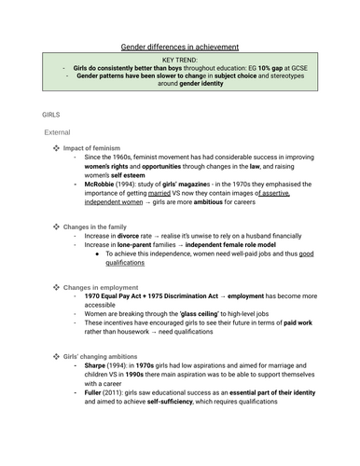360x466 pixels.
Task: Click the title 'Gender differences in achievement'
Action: coord(180,46)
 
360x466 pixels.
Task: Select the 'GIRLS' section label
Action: coord(51,114)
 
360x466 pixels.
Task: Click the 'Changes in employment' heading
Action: coord(104,301)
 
